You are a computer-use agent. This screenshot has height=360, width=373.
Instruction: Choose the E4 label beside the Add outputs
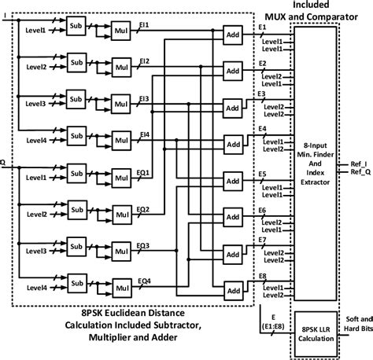261,128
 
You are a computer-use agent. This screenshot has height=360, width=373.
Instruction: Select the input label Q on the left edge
4,163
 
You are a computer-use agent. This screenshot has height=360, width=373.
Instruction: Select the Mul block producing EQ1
122,182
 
